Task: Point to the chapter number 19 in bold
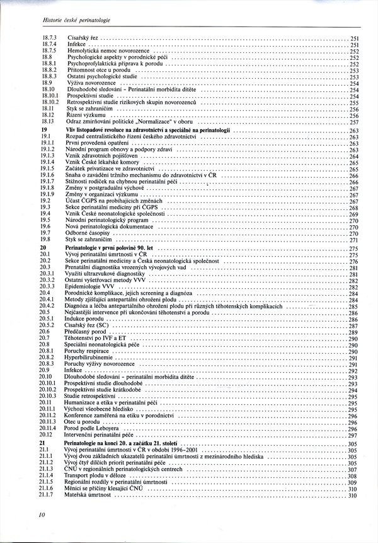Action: [x=43, y=129]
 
